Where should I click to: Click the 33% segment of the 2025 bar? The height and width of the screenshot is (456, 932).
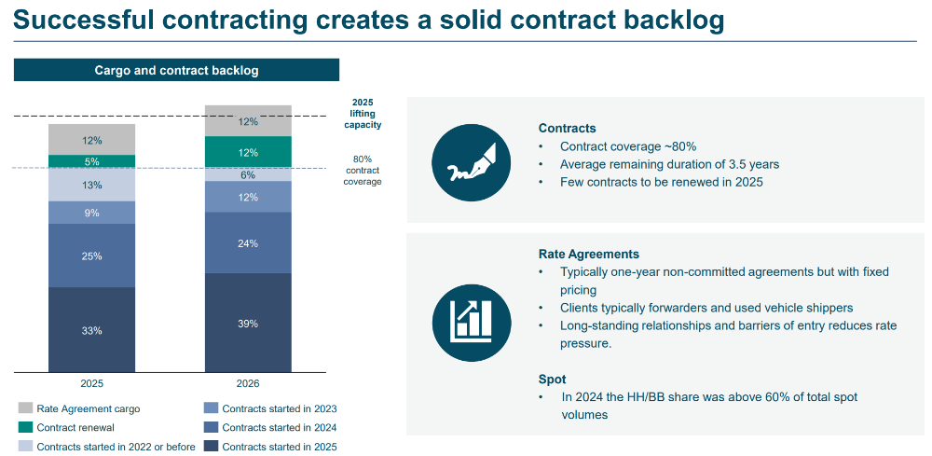coord(91,330)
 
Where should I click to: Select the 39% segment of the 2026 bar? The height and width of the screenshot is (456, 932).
coord(248,323)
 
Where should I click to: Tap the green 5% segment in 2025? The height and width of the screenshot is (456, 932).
coord(91,161)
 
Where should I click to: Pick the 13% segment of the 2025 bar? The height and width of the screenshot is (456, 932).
coord(91,185)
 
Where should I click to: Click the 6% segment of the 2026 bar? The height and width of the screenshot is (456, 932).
coord(248,174)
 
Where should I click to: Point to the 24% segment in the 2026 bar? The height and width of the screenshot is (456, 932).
coord(248,243)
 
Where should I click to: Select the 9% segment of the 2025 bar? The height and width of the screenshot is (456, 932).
coord(91,213)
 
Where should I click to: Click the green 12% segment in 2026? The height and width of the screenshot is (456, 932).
coord(248,152)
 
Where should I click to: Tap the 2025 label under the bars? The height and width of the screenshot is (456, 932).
coord(91,383)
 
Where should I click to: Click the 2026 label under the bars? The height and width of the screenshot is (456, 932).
coord(248,383)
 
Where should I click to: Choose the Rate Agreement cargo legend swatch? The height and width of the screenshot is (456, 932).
coord(25,408)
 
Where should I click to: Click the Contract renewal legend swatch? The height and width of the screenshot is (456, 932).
coord(25,427)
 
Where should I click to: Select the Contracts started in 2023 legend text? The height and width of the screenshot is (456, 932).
coord(280,408)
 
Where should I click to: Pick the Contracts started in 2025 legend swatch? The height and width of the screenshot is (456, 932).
coord(211,447)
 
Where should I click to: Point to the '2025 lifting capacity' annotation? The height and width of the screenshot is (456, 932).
coord(363,113)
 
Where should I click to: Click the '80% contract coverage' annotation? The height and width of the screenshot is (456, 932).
coord(363,170)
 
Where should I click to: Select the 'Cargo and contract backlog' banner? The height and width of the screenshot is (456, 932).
coord(176,70)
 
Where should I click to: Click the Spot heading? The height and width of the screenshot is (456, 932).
coord(552,380)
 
